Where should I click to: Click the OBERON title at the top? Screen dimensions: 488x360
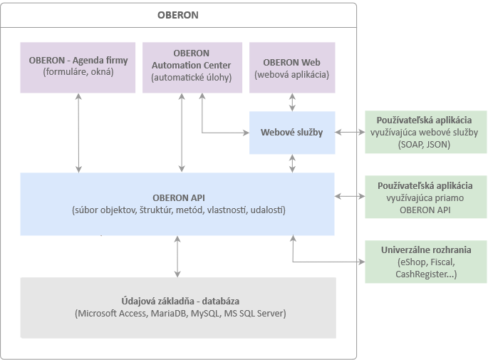click(x=177, y=15)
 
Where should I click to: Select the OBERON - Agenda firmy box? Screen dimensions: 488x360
click(x=78, y=68)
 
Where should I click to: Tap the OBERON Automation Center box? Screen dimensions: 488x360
click(x=192, y=68)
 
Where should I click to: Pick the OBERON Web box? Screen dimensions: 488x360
click(x=292, y=68)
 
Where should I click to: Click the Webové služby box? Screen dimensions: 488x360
click(x=292, y=133)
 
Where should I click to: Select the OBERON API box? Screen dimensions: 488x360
click(x=177, y=204)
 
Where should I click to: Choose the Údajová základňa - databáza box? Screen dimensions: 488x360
click(x=178, y=308)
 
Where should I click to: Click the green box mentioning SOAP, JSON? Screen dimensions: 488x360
click(x=426, y=132)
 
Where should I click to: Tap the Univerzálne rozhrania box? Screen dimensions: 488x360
click(x=426, y=262)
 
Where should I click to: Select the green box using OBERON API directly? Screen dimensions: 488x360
click(x=426, y=197)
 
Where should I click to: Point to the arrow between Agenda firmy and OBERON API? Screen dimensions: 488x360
click(x=78, y=133)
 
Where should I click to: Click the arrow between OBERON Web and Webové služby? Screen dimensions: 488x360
click(x=292, y=102)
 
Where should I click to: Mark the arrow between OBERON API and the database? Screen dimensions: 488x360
click(x=177, y=257)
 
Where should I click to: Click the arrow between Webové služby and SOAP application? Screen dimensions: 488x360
click(x=350, y=133)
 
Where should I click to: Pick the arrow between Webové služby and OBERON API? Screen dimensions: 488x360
click(x=292, y=163)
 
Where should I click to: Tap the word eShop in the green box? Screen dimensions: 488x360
click(x=413, y=262)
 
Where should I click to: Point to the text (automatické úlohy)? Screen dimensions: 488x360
click(x=192, y=77)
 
